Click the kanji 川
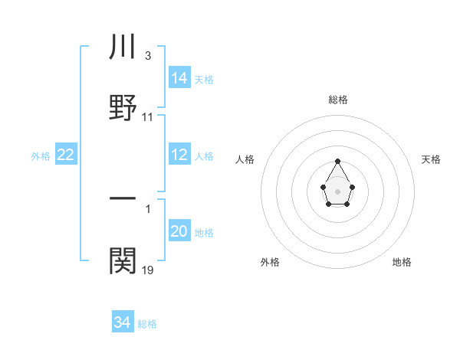point(123,48)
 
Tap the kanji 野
point(123,106)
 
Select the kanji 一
point(123,199)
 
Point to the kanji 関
point(123,260)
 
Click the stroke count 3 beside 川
point(147,56)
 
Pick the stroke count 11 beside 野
point(148,117)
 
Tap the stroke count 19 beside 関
point(148,270)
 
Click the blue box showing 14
point(179,77)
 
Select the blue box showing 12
point(179,155)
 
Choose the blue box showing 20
point(179,231)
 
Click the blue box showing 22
point(66,155)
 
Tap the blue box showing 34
point(123,322)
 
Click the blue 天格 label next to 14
point(204,80)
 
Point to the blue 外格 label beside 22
point(41,156)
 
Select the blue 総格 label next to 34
point(147,324)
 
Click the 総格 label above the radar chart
point(337,100)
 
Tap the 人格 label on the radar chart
point(245,159)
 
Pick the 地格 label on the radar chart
point(402,262)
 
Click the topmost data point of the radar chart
point(337,161)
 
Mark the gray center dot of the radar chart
point(337,190)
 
